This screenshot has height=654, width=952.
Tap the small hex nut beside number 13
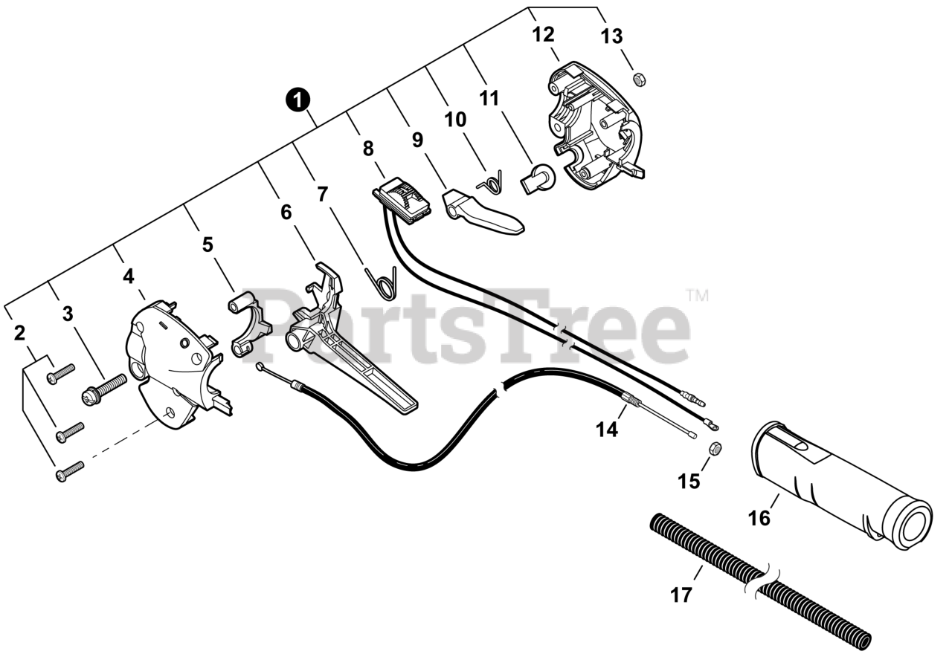click(x=638, y=78)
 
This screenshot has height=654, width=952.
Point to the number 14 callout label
click(x=607, y=429)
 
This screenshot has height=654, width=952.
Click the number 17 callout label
click(x=681, y=595)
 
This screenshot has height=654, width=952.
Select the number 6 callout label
click(x=286, y=212)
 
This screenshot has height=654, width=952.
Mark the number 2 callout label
click(x=20, y=333)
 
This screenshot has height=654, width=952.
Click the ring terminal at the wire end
click(x=713, y=427)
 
